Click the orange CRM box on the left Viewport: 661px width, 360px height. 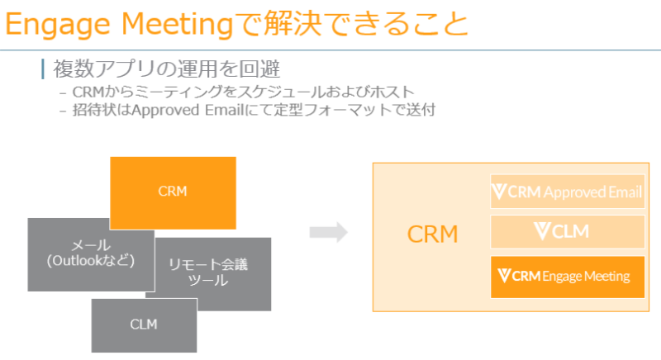tap(173, 192)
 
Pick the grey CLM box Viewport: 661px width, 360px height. tap(144, 324)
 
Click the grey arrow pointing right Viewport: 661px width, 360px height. tap(328, 233)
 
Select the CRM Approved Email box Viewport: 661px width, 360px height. tap(567, 192)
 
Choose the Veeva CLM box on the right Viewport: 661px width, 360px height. tap(567, 232)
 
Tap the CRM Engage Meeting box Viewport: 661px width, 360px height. tap(567, 277)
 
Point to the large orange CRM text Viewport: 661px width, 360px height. tap(433, 234)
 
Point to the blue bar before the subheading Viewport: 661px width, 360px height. tap(42, 69)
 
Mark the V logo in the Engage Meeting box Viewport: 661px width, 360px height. tap(501, 276)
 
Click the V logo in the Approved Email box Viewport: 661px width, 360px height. tap(499, 192)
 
